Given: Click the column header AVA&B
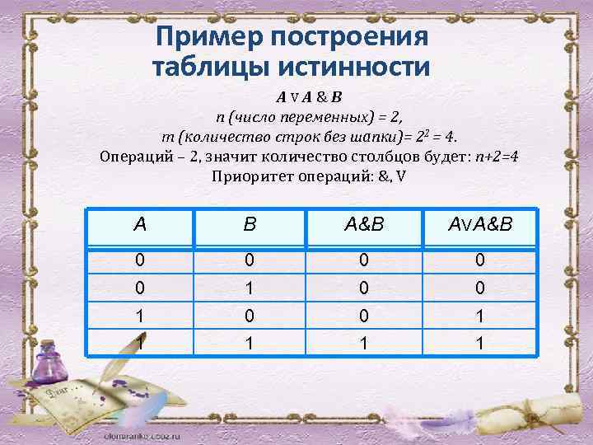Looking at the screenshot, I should coord(481,224).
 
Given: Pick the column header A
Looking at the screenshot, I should coord(140,224).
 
